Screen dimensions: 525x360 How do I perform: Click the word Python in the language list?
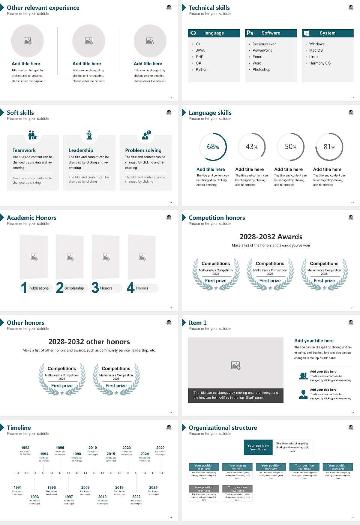pos(201,69)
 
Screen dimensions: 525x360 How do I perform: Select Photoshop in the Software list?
pos(261,69)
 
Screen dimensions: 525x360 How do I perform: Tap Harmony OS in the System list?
pos(320,63)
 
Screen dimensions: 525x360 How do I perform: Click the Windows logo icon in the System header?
pos(306,33)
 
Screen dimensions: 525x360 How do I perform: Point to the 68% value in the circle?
pos(213,147)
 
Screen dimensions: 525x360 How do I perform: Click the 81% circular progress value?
pos(329,147)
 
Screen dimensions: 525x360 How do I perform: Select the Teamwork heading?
pos(24,150)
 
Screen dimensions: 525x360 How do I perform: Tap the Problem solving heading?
pos(143,150)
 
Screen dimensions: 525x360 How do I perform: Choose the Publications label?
pos(39,288)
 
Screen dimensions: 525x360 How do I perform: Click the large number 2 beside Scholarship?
pos(60,288)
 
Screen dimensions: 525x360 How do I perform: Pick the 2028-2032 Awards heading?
pos(271,237)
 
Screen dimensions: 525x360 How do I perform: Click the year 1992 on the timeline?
pos(25,447)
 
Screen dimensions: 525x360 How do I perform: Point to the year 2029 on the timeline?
pos(160,447)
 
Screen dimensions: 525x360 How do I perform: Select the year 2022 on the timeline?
pos(136,496)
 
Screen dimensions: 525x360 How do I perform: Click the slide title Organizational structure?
pos(223,427)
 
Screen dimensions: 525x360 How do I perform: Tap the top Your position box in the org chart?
pos(258,447)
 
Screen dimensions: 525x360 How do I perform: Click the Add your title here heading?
pos(314,340)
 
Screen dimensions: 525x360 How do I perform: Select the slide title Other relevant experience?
pos(43,7)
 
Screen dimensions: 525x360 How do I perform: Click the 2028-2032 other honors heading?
pos(89,342)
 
